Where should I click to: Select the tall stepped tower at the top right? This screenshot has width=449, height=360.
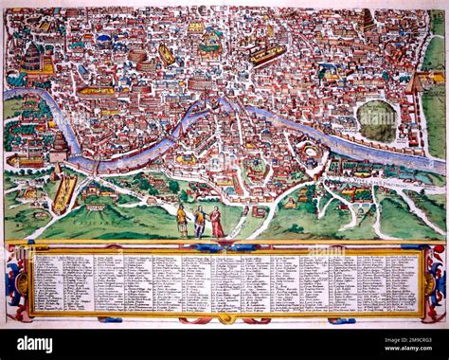coord(367,20)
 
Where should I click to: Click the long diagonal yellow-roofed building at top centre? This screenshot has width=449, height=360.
coord(268,54)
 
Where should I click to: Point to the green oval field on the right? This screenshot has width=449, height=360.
coord(377,119)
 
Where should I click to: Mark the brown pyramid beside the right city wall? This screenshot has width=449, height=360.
coord(413,83)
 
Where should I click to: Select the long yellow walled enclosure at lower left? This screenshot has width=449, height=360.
coord(64,193)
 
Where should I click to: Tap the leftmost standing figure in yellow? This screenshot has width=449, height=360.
coord(182,221)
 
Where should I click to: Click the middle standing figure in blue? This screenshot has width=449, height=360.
coord(200,222)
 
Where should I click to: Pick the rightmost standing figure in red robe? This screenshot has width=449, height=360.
coord(217,223)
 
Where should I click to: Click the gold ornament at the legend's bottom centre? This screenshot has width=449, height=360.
coord(224,317)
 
